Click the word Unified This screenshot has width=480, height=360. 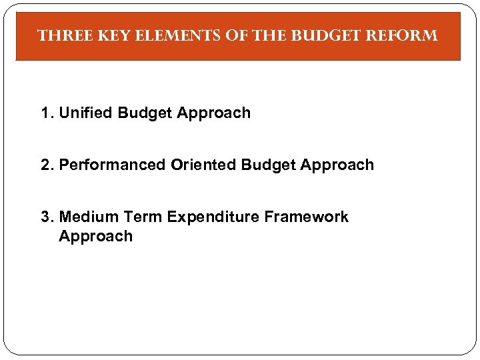pos(86,113)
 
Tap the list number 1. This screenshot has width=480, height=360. pos(45,113)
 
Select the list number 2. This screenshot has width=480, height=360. pos(45,165)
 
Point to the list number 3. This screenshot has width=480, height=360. pos(45,217)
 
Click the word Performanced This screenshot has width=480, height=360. pos(113,165)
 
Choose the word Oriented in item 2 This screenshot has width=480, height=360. pos(203,165)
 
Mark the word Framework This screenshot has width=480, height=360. pos(307,217)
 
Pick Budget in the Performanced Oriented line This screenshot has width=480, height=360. pos(269,165)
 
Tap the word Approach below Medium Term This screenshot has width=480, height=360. pos(96,237)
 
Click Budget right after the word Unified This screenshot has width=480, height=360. pos(145,113)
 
